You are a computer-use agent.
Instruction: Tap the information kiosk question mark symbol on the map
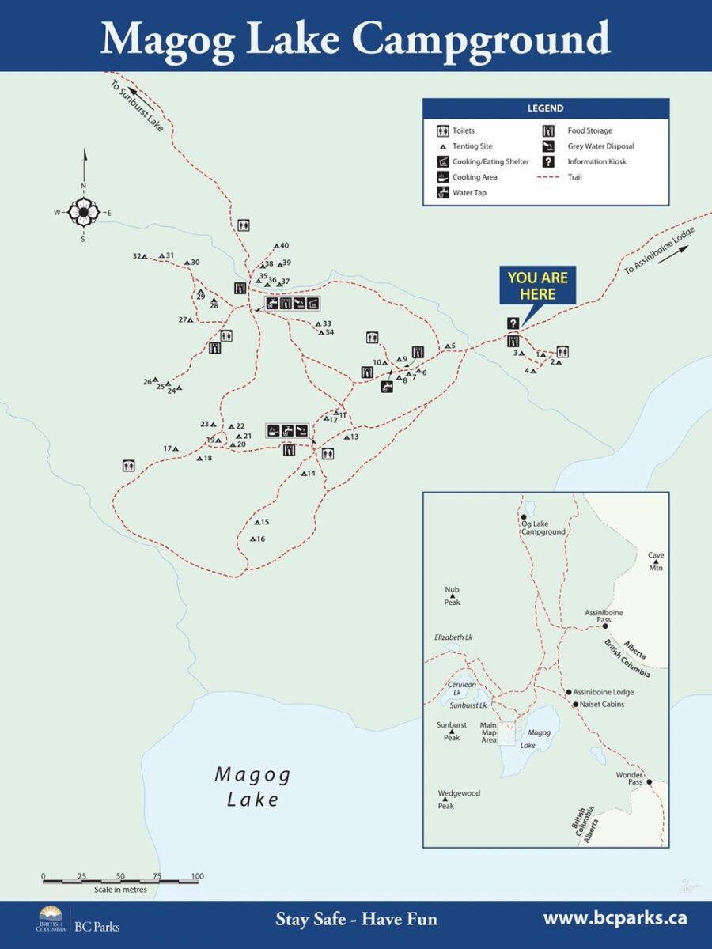point(513,323)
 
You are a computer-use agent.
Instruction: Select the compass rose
point(83,211)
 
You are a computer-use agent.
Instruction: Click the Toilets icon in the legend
point(443,131)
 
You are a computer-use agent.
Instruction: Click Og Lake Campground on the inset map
point(543,527)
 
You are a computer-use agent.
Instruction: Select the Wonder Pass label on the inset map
point(631,779)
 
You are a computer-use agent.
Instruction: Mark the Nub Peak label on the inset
point(452,595)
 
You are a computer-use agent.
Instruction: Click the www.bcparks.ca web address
point(614,918)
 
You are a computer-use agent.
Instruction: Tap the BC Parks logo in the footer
point(79,919)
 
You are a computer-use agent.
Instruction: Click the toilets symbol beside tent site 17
point(128,466)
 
